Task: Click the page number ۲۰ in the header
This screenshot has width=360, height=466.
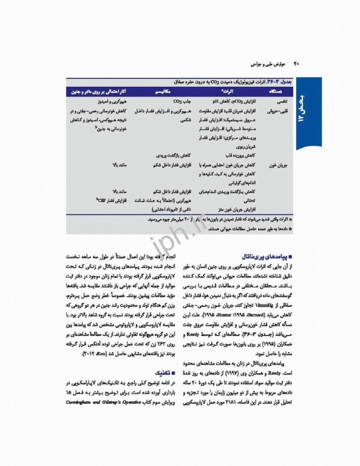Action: [296, 62]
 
